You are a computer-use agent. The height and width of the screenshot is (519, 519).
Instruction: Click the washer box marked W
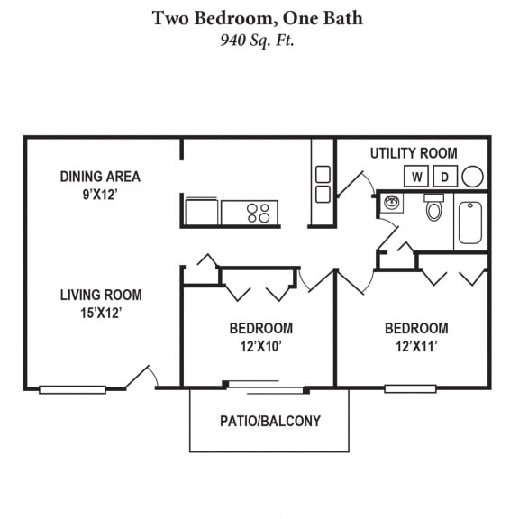coord(416,176)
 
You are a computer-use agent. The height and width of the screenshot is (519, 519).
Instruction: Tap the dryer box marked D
coord(445,176)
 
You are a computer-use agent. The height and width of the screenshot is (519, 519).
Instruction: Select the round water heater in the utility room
coord(472,177)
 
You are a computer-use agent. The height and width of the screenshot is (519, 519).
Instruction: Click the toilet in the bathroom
coord(433,207)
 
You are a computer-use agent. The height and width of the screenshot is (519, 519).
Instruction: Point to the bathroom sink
coord(392,202)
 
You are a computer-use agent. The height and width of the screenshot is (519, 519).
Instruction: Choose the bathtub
coord(470,223)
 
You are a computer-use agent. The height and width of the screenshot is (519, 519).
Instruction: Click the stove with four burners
coord(250,213)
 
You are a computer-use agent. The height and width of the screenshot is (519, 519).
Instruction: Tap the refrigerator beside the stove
coord(202,212)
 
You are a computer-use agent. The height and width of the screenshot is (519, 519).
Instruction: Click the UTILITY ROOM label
coord(414,153)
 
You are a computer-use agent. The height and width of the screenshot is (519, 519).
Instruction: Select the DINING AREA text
coord(100,177)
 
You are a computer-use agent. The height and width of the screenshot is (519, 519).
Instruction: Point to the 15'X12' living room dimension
coord(101,313)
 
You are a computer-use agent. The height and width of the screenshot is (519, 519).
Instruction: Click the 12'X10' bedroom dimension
coord(260,347)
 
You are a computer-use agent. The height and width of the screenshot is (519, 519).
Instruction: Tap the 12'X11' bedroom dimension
coord(416,347)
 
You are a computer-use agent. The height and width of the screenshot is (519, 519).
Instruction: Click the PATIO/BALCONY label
coord(270,421)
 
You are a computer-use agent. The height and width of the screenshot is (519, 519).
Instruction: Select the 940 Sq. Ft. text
coord(257,41)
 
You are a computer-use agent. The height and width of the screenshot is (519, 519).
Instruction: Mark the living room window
coord(72,389)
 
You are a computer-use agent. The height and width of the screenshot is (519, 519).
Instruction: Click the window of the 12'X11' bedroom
coord(410,389)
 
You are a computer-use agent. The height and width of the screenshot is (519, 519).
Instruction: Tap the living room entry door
coord(137,377)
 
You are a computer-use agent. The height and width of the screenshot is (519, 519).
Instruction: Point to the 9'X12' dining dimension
coord(100,195)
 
